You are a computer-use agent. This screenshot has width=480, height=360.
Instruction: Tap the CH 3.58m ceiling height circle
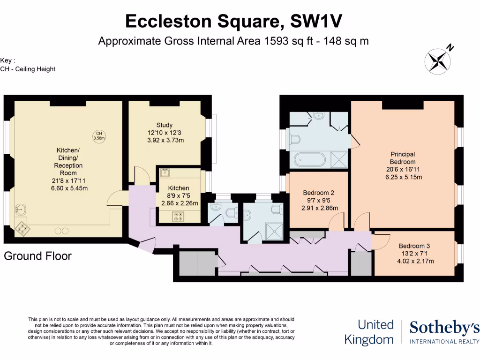(99, 136)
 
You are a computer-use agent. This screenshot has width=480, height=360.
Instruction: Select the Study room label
(165, 125)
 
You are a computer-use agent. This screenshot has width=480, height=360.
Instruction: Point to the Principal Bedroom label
(403, 157)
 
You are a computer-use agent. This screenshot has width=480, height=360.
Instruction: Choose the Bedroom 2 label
(318, 193)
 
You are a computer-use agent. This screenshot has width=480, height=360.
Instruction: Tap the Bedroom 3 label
(414, 246)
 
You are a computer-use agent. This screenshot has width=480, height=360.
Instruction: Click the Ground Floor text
(38, 256)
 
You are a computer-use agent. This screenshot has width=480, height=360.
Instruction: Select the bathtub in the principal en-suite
(309, 160)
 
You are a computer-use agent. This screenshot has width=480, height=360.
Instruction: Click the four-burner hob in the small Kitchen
(179, 216)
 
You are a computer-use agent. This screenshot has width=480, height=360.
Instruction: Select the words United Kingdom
(369, 332)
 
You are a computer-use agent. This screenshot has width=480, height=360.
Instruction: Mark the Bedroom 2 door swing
(337, 221)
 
